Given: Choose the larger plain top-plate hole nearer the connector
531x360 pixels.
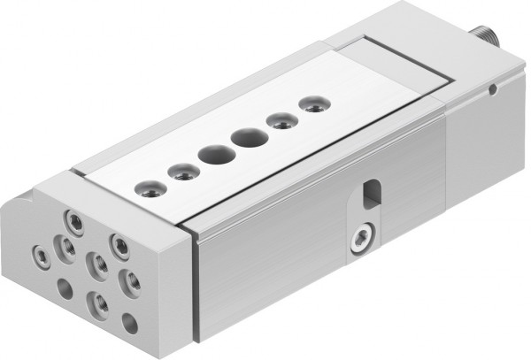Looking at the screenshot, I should point(247,138).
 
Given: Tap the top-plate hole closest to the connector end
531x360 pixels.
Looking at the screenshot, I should point(311,104).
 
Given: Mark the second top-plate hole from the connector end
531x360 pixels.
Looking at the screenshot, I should point(281,121).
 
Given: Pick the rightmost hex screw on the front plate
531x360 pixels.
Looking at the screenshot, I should point(119,244).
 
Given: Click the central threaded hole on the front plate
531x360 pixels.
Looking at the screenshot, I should point(98,264).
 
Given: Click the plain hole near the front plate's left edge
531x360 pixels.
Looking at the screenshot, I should point(65,287).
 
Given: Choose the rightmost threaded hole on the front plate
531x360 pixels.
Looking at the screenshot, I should point(133,281).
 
